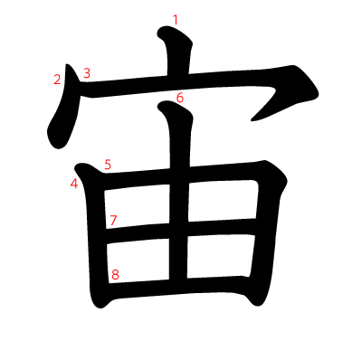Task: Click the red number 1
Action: tap(176, 20)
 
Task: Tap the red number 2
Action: tap(57, 80)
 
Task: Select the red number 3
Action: tap(87, 73)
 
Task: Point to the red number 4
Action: tap(74, 184)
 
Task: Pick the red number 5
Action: tap(108, 165)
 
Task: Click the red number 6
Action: tap(180, 98)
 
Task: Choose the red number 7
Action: tap(113, 221)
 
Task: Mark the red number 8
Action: tap(115, 275)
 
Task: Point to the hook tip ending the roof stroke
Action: tap(252, 120)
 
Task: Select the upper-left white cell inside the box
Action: tap(138, 206)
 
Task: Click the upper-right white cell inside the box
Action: tap(223, 200)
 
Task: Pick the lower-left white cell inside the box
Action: tap(138, 261)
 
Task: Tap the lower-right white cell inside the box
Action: tap(221, 256)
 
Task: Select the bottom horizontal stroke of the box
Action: tap(178, 289)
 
